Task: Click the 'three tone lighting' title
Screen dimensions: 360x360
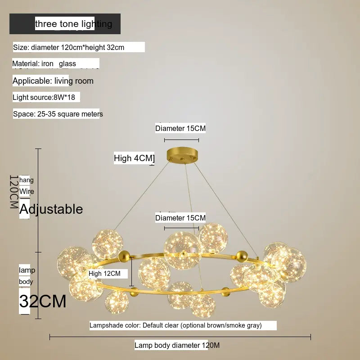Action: (x=73, y=24)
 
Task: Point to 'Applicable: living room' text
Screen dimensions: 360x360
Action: (x=53, y=81)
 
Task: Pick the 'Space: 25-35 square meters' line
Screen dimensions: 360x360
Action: (x=58, y=114)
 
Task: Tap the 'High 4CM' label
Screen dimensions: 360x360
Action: (x=134, y=158)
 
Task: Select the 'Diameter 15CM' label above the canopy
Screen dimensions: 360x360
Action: (x=180, y=128)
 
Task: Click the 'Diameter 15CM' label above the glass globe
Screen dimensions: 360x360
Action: (x=180, y=218)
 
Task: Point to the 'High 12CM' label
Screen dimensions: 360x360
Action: (x=104, y=273)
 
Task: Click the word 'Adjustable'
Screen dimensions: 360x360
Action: (x=51, y=209)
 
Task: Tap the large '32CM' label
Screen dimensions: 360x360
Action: (x=43, y=301)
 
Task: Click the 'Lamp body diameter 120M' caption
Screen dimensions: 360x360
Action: (x=171, y=345)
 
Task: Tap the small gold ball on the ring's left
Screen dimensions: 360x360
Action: (x=122, y=256)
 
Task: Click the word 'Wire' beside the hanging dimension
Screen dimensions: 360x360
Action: (x=27, y=192)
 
